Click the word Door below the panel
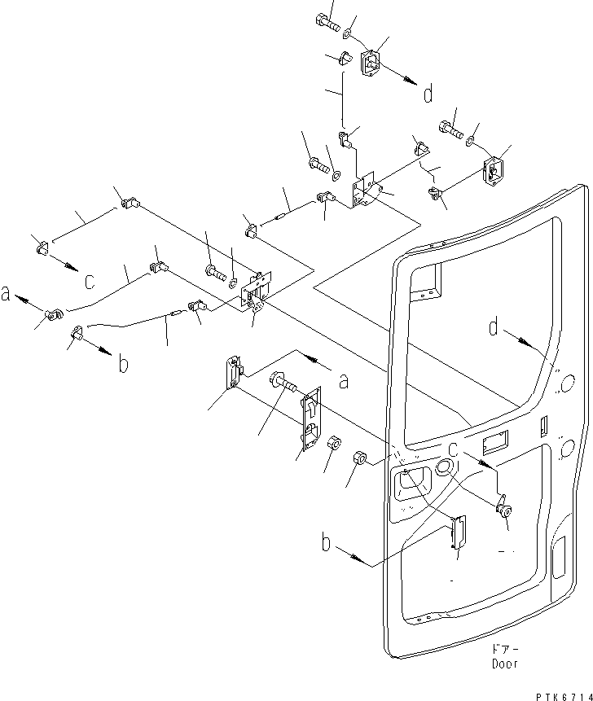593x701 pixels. coord(504,664)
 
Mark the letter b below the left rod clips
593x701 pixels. coord(122,363)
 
